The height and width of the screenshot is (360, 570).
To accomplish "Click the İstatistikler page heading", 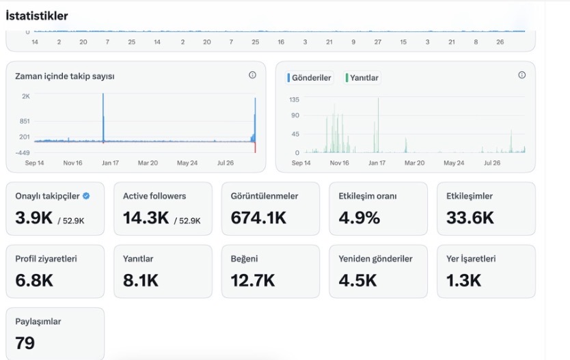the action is coord(37,16).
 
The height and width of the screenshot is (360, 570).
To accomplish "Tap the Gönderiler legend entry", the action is coord(309,78).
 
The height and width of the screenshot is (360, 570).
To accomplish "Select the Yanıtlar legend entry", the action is coord(362,78).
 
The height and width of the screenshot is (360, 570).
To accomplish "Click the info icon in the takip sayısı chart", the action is coord(252,75).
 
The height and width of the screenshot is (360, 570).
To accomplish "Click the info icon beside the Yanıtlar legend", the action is coord(521,75).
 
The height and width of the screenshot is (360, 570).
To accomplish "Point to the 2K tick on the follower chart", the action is coord(26,96).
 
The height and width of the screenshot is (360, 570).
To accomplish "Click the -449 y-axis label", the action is coord(23,152).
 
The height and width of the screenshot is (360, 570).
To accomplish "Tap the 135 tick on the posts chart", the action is coord(294,100).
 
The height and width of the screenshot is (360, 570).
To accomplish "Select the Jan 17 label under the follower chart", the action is coord(110,163).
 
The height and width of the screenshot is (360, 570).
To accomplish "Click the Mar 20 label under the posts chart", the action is coord(414,163).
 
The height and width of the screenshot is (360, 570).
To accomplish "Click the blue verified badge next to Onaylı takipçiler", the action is coord(86,196).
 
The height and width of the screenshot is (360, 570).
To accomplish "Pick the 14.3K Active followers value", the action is coord(146,218).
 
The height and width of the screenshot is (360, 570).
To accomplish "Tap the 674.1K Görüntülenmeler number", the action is coord(258,218).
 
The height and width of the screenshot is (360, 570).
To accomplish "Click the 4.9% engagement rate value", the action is coord(359,218).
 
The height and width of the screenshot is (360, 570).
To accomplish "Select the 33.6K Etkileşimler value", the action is coord(470,218).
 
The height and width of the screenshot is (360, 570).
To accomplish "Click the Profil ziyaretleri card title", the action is coord(46,259).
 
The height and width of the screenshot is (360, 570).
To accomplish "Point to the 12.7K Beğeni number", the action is coord(253,281).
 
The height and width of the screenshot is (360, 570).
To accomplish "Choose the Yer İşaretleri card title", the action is coord(471,259).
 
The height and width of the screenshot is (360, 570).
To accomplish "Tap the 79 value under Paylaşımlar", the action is coord(25,344).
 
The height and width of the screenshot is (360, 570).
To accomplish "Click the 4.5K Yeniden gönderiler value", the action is coord(357,281).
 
